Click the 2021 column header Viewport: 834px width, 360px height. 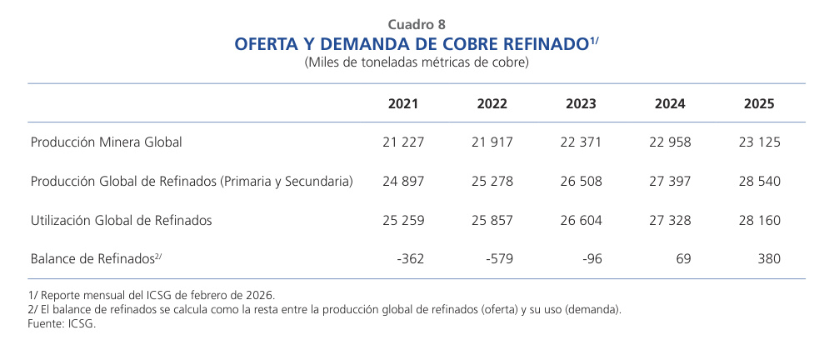click(403, 104)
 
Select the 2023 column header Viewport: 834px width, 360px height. click(581, 104)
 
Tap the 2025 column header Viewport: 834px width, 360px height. click(759, 104)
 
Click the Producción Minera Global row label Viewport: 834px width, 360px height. click(106, 142)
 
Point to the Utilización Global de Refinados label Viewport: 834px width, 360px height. click(121, 220)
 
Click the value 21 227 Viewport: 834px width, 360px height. click(403, 142)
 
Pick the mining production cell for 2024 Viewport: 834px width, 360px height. click(670, 142)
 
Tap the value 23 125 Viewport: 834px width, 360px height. click(759, 142)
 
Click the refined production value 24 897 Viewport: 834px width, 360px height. click(403, 182)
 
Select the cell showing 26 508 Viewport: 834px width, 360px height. click(581, 182)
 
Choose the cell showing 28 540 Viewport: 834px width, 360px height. click(759, 182)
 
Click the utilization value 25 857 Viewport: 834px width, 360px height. click(492, 220)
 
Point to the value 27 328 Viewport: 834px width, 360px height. click(670, 220)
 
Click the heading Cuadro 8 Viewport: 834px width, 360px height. click(417, 24)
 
